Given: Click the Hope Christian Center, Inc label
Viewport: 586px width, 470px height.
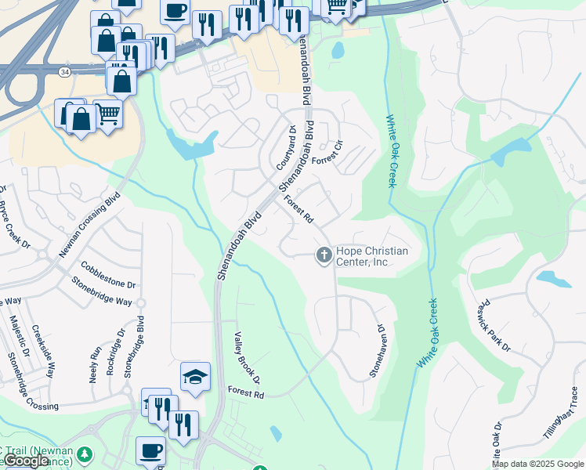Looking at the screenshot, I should click(372, 256).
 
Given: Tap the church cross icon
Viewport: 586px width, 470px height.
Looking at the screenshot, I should click(323, 255).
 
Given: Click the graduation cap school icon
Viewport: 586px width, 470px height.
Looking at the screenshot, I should click(195, 378).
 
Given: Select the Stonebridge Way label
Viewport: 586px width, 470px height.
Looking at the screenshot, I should click(102, 290).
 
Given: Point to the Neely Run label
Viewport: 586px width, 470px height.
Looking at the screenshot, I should click(95, 363).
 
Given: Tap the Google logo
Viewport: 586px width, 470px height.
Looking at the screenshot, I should click(25, 461).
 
